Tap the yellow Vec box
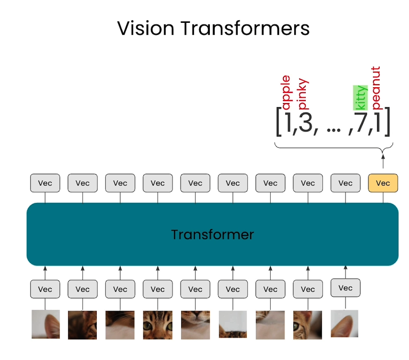pyautogui.click(x=383, y=183)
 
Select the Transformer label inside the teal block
pyautogui.click(x=212, y=234)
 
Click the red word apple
pyautogui.click(x=286, y=93)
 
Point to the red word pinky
pyautogui.click(x=303, y=95)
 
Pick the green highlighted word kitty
pyautogui.click(x=360, y=98)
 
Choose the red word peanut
pyautogui.click(x=376, y=88)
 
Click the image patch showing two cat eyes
pyautogui.click(x=158, y=325)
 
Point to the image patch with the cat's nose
pyautogui.click(x=195, y=325)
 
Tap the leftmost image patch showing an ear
pyautogui.click(x=46, y=324)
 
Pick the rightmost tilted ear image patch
pyautogui.click(x=345, y=323)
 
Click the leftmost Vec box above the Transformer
pyautogui.click(x=45, y=183)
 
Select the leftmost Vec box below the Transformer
pyautogui.click(x=45, y=289)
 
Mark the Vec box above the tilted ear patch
pyautogui.click(x=345, y=288)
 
